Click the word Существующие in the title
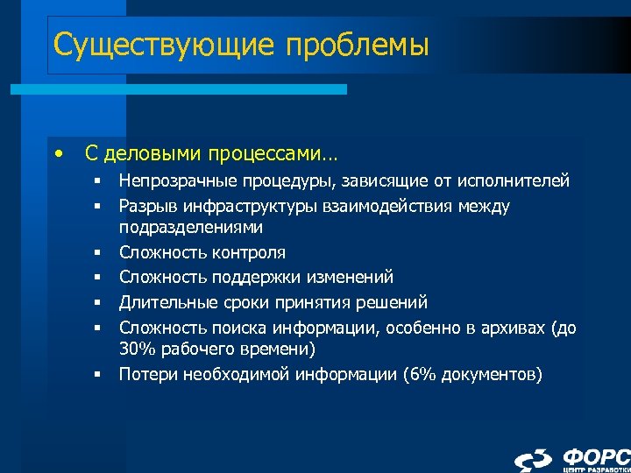pyautogui.click(x=145, y=44)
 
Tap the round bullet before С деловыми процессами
pyautogui.click(x=58, y=154)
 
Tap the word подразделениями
pyautogui.click(x=191, y=226)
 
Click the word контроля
pyautogui.click(x=249, y=253)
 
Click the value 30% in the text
pyautogui.click(x=136, y=349)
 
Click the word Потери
pyautogui.click(x=145, y=375)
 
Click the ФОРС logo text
pyautogui.click(x=595, y=456)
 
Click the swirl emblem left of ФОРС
pyautogui.click(x=534, y=460)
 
